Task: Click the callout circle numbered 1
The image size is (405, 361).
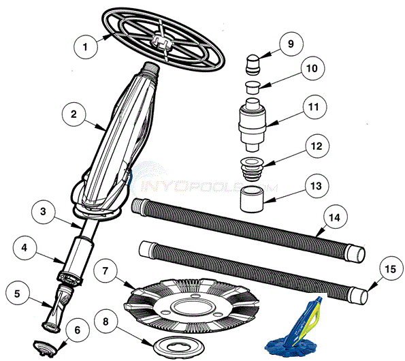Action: (x=86, y=47)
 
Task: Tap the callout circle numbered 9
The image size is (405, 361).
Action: (x=291, y=44)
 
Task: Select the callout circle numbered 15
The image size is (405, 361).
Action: (x=391, y=270)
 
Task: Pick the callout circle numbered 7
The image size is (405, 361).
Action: (x=105, y=271)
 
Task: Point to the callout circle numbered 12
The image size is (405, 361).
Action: (x=317, y=146)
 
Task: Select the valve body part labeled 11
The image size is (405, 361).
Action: (x=252, y=125)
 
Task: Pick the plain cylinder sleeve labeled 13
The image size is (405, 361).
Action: (x=251, y=199)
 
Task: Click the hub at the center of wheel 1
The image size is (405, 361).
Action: (x=162, y=42)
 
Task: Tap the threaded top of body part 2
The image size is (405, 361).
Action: (x=150, y=69)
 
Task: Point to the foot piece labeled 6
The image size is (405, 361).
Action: (x=46, y=346)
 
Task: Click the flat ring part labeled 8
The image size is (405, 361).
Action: (x=179, y=345)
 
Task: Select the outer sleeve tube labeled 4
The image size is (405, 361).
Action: (x=74, y=261)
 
